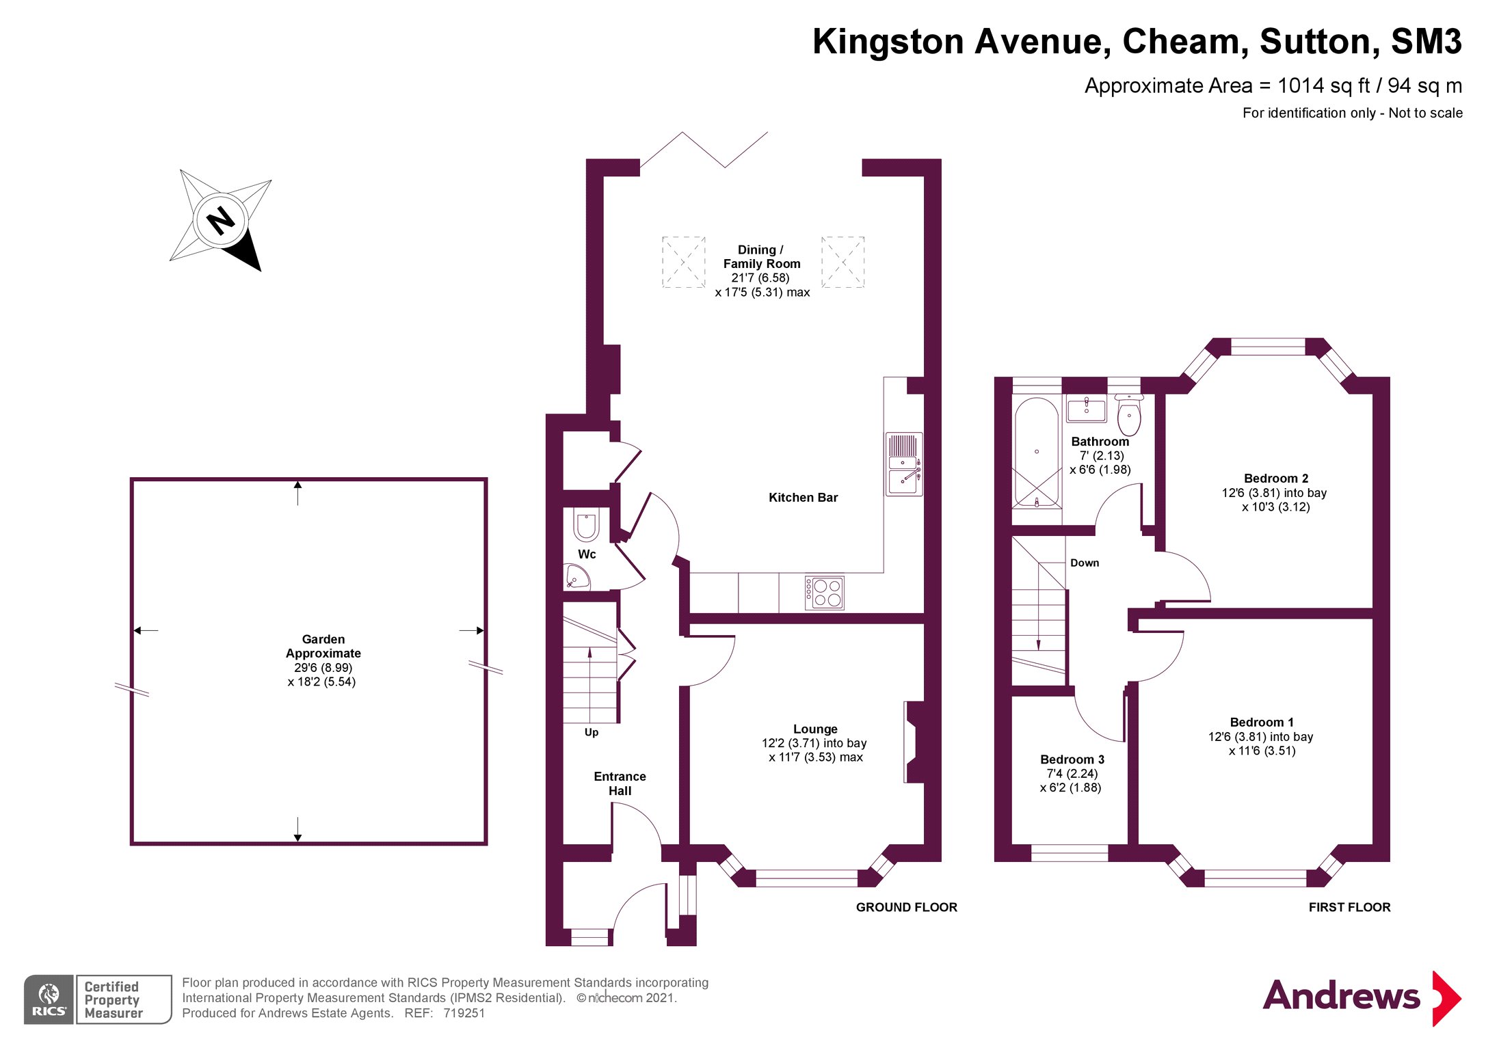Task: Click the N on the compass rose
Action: [220, 221]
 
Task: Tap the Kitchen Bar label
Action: [803, 498]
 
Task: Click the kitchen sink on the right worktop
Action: [903, 463]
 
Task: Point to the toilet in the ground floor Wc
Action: [586, 524]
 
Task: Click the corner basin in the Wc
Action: [576, 576]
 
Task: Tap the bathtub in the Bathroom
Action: [1037, 453]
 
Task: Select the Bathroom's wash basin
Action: [1086, 409]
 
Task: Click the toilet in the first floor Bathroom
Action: [1129, 415]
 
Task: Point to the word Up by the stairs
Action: [592, 733]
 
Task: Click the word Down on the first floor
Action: [1085, 563]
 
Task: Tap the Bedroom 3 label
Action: [1072, 759]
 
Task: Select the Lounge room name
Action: [815, 729]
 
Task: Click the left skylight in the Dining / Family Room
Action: [683, 262]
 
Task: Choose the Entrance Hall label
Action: [620, 783]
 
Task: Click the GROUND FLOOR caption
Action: [907, 907]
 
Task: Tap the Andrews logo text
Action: [1341, 995]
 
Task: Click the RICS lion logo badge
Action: [49, 999]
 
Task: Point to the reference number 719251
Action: [464, 1013]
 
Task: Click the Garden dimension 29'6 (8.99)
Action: [323, 668]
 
